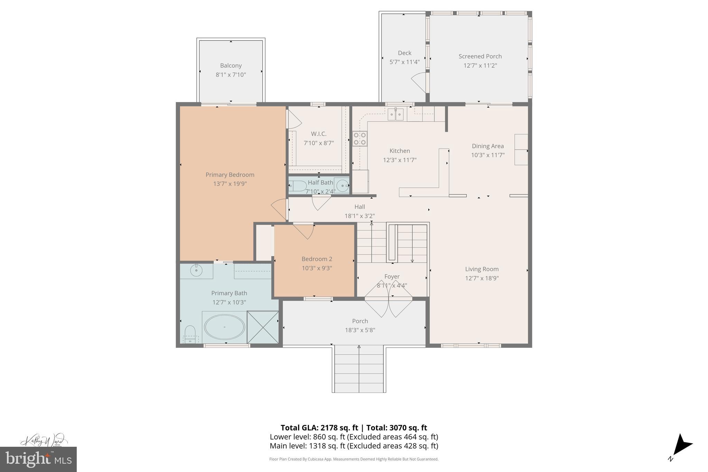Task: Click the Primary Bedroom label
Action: (230, 175)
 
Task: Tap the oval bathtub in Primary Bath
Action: (224, 327)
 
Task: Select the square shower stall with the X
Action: (263, 327)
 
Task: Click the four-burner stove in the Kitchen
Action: (360, 138)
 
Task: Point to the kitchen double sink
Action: (395, 114)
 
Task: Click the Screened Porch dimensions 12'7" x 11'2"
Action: (480, 65)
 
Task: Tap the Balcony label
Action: (231, 65)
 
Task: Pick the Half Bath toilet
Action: (297, 186)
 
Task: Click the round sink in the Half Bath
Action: (342, 185)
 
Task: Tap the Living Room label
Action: (482, 269)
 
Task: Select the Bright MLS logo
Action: (38, 459)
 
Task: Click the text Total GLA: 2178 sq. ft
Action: (319, 428)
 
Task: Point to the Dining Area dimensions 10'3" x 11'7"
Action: (487, 155)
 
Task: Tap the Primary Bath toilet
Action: (190, 334)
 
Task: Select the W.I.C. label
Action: (318, 134)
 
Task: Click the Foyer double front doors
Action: (389, 303)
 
